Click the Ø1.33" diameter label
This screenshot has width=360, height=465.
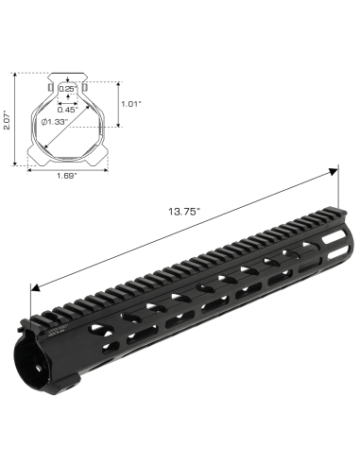[55, 122]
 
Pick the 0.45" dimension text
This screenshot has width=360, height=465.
[67, 107]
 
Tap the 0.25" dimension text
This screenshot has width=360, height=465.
[67, 88]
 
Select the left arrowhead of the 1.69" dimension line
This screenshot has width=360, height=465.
[30, 169]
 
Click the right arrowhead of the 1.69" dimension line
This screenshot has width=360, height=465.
[106, 169]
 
